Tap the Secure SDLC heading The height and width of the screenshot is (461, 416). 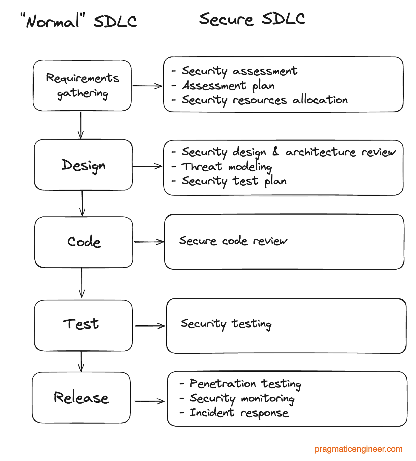tap(252, 19)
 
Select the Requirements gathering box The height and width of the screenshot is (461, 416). tap(82, 86)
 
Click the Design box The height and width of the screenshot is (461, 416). tap(83, 165)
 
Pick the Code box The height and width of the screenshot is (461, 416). tap(84, 242)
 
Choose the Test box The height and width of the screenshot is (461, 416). tap(83, 325)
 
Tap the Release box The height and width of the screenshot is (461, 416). tap(81, 398)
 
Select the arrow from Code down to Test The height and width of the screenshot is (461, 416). tap(82, 283)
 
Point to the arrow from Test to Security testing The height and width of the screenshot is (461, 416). tap(150, 326)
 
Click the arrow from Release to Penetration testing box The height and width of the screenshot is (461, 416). tap(149, 401)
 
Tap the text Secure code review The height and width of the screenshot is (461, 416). tap(233, 241)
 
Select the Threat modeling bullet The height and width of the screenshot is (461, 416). tap(227, 167)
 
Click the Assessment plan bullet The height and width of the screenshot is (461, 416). tap(228, 86)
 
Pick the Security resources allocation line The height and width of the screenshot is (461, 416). tap(264, 100)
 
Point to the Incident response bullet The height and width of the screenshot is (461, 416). tap(239, 413)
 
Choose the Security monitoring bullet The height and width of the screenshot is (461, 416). tap(242, 399)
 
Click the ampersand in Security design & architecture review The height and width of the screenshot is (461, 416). tap(276, 152)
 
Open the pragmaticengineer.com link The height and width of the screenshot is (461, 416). tap(358, 449)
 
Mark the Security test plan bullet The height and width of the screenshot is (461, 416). tap(234, 181)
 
